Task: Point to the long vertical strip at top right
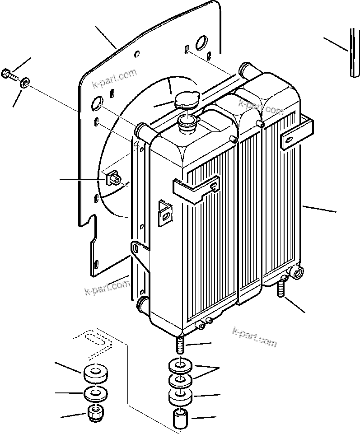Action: (354, 53)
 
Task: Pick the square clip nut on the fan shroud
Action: (112, 179)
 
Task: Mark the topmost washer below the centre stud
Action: (181, 364)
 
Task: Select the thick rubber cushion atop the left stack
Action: (96, 374)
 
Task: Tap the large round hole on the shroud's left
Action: (97, 104)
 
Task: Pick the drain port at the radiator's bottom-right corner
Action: (298, 272)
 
